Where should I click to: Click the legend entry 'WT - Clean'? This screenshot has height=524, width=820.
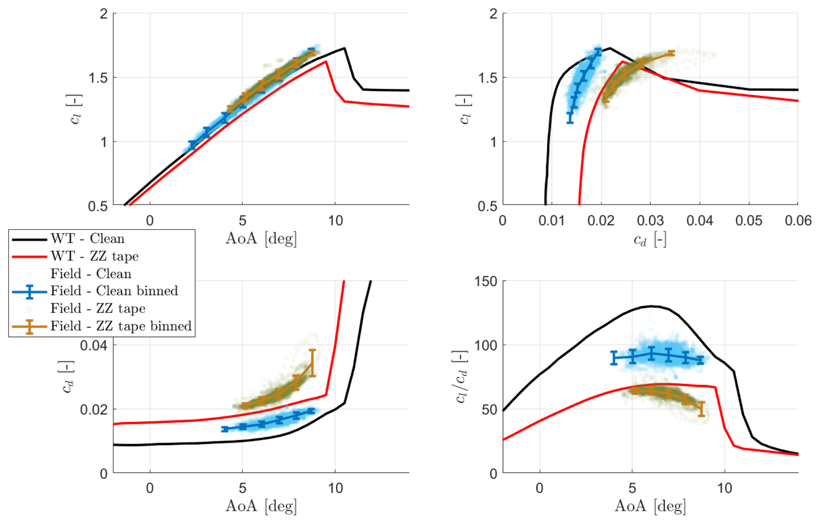(x=87, y=239)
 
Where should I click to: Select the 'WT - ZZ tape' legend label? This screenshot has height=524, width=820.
(x=94, y=256)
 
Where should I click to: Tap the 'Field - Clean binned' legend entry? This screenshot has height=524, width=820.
(x=114, y=291)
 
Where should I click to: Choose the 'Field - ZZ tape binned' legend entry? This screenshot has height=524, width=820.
(x=121, y=326)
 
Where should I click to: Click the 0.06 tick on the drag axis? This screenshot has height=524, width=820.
(x=798, y=221)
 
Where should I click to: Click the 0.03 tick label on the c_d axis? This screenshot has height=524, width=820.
(x=650, y=221)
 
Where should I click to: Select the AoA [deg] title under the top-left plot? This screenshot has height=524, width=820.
(x=261, y=239)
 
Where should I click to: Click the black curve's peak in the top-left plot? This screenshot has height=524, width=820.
(x=345, y=48)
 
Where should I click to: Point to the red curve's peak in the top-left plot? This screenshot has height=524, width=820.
(x=326, y=61)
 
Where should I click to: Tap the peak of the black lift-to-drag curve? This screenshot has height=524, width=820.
(x=651, y=306)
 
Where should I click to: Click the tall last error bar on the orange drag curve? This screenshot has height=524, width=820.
(x=312, y=363)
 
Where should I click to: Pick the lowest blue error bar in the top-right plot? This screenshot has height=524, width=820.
(x=570, y=117)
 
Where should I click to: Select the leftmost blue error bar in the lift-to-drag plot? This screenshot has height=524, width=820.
(x=614, y=358)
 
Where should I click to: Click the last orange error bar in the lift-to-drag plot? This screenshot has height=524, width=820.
(x=701, y=409)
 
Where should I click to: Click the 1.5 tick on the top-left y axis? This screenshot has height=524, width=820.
(x=98, y=78)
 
